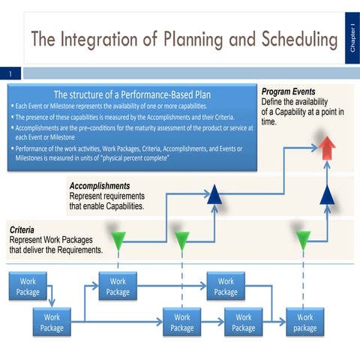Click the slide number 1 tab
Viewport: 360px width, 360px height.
point(11,73)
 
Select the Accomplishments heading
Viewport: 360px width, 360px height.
point(100,185)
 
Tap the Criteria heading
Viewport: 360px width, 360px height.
point(23,230)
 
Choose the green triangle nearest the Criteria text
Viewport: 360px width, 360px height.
point(118,241)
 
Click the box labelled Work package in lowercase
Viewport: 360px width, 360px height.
point(304,322)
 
